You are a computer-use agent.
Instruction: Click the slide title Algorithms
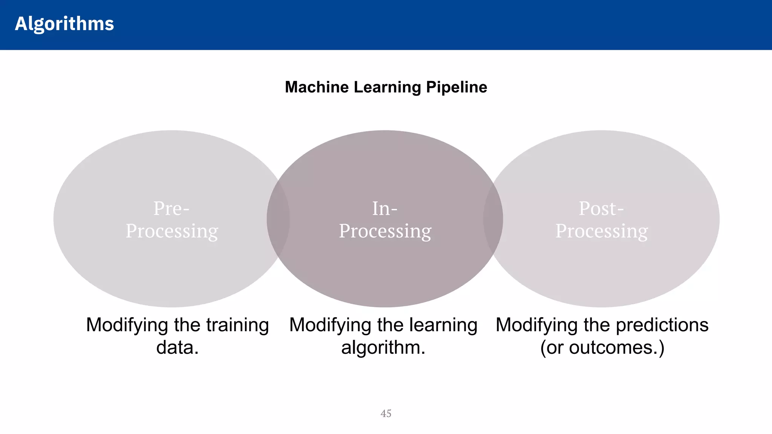click(x=64, y=24)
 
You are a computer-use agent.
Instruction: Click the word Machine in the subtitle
click(x=317, y=87)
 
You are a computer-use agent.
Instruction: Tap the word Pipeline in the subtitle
click(x=456, y=87)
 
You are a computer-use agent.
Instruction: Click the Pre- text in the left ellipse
click(x=171, y=208)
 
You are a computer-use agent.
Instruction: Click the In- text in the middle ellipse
click(x=384, y=208)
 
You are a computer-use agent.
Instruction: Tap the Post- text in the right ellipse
click(x=601, y=208)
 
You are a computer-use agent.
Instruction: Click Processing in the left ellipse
click(x=172, y=231)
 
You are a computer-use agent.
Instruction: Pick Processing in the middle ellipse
click(x=385, y=231)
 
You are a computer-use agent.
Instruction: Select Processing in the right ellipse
click(x=602, y=231)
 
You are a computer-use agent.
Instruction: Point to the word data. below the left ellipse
click(x=177, y=347)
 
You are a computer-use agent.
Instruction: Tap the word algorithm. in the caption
click(x=383, y=347)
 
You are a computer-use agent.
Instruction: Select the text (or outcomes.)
click(x=602, y=347)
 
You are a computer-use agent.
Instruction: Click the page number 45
click(x=386, y=414)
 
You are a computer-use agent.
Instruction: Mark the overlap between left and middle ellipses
click(x=278, y=219)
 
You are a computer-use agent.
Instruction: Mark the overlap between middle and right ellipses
click(x=493, y=219)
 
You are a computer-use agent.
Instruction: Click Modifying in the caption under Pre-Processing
click(x=127, y=325)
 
